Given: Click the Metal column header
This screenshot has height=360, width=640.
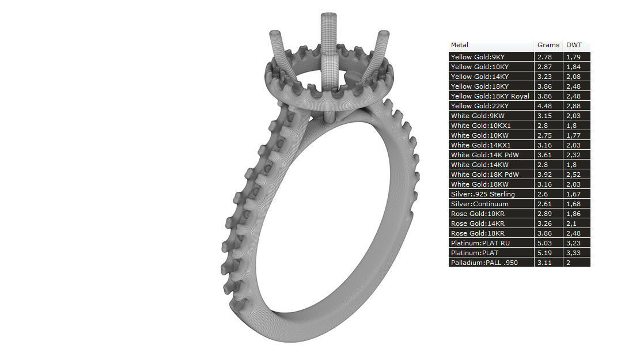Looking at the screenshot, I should (460, 45).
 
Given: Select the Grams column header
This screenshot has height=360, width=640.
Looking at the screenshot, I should (548, 45).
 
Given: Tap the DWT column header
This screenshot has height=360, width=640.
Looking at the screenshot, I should (574, 45).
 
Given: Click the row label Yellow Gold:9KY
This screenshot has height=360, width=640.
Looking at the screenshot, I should (478, 57).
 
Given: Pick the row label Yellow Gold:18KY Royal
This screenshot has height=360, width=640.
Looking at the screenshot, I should (490, 96).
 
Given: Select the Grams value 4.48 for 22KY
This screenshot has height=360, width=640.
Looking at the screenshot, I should (544, 106).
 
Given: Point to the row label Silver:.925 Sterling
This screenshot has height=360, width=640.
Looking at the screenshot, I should (483, 194).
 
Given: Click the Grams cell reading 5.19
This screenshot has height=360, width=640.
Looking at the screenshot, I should (544, 253).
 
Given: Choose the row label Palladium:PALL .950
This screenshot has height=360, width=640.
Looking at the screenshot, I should (484, 263).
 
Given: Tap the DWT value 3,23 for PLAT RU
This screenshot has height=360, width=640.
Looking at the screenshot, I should (573, 243).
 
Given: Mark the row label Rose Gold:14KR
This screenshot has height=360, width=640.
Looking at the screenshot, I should (478, 223).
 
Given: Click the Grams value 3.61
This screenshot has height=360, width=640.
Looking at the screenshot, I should (544, 155).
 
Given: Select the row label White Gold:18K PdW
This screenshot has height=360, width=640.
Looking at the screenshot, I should (484, 175).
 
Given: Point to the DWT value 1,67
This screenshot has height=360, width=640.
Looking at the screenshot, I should (573, 194).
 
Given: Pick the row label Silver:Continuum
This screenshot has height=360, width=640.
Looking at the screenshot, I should (479, 204).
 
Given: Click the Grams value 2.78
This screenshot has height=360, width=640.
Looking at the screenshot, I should (544, 57).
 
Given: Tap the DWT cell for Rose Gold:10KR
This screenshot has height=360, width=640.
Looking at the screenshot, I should (573, 214).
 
